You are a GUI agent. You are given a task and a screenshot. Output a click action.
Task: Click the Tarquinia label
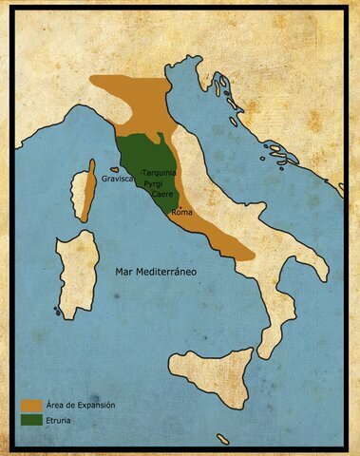(x=159, y=173)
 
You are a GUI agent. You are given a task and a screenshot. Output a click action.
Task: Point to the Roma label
(x=181, y=212)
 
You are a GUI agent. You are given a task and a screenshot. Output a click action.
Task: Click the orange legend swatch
(x=29, y=406)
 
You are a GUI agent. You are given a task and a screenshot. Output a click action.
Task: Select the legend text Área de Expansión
(x=80, y=406)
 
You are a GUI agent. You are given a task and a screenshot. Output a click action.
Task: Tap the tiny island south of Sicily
(x=222, y=438)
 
